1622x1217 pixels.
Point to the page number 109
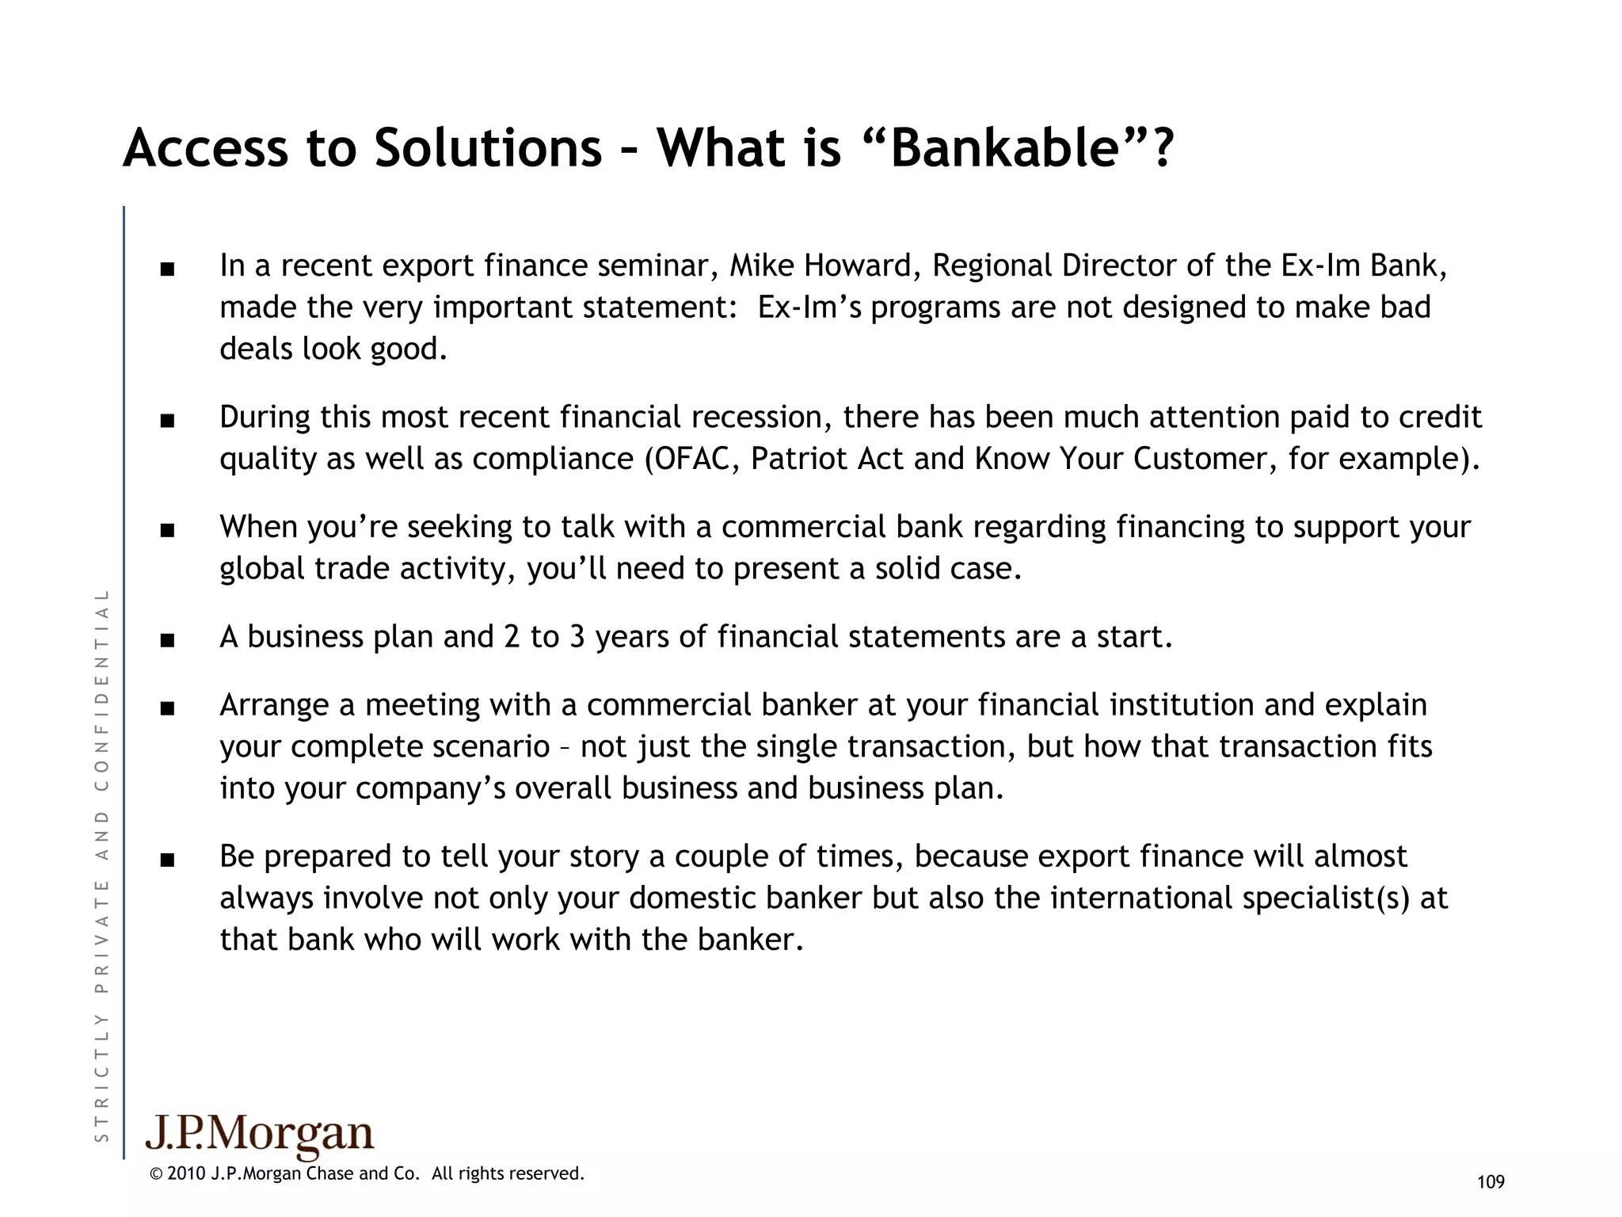tap(1491, 1182)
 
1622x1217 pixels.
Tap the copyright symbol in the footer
tap(156, 1173)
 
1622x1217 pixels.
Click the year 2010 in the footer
tap(187, 1173)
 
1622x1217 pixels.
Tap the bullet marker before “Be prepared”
tap(166, 860)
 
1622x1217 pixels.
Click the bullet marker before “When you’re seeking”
tap(166, 530)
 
